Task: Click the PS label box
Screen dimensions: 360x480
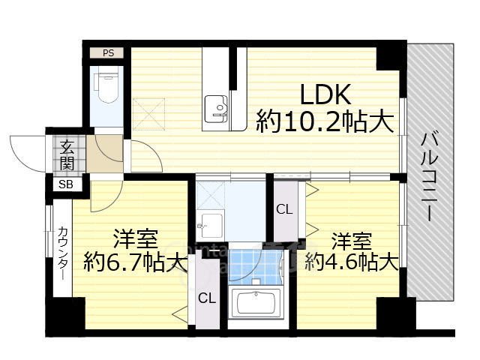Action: [x=109, y=53]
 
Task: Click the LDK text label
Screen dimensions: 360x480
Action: [x=326, y=94]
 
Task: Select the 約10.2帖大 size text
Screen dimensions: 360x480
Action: [x=325, y=121]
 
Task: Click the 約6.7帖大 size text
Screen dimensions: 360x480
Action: [x=135, y=263]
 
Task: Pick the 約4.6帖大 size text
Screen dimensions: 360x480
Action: [x=353, y=263]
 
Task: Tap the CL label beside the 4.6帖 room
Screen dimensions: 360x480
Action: [x=284, y=209]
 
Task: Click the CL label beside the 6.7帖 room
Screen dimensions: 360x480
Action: [x=207, y=298]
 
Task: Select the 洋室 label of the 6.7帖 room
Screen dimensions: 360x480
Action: [x=135, y=240]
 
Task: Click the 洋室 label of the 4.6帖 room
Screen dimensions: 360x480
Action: [x=352, y=241]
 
